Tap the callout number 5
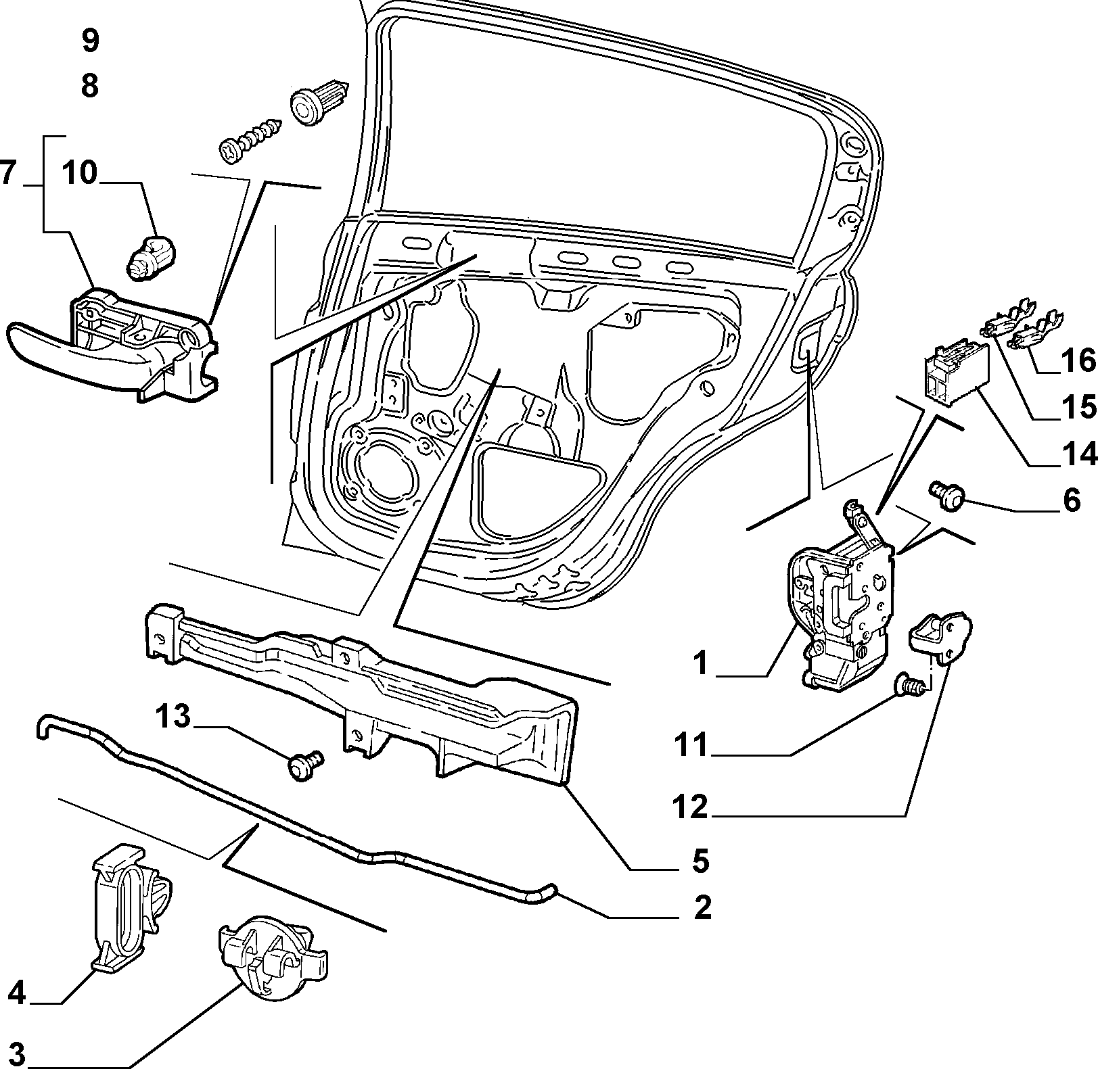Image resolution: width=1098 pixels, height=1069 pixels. pyautogui.click(x=700, y=861)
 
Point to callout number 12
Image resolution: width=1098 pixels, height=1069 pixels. pyautogui.click(x=690, y=807)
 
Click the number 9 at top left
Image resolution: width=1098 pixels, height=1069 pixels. pyautogui.click(x=90, y=41)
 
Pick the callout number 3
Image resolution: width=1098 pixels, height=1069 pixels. pyautogui.click(x=17, y=1053)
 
